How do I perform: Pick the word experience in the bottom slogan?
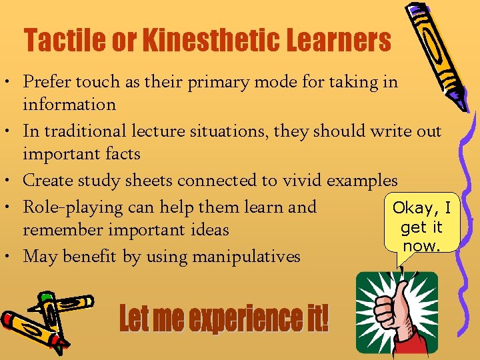(x=244, y=319)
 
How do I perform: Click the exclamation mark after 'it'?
(x=325, y=319)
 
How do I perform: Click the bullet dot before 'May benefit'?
(x=13, y=257)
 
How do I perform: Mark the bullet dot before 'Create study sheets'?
(x=13, y=181)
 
